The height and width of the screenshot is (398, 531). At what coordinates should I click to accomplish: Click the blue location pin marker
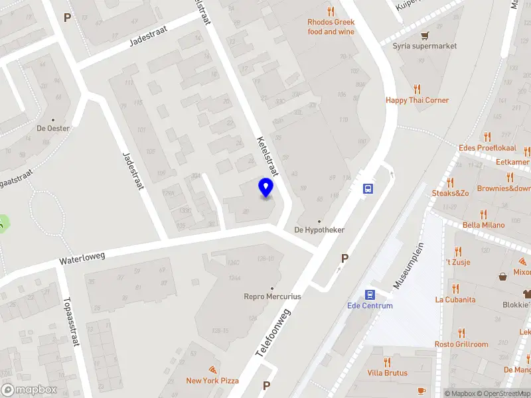tap(265, 188)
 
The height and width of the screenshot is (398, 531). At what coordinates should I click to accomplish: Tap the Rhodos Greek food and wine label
tap(331, 27)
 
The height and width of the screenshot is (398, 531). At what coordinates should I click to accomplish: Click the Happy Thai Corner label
tap(417, 101)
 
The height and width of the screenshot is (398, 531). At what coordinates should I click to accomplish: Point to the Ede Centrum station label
tap(370, 306)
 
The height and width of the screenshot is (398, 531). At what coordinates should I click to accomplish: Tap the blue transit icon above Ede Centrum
tap(370, 295)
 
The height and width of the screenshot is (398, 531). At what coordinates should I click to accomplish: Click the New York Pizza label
tap(212, 381)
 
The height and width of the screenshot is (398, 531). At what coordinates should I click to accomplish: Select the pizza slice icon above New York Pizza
tap(212, 369)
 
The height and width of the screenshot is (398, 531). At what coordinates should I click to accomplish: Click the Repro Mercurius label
tap(272, 297)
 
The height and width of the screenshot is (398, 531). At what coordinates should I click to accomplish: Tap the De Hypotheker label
tap(319, 230)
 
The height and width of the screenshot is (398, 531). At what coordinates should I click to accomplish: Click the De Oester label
tap(53, 129)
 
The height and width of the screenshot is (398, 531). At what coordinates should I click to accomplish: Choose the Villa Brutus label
tap(387, 373)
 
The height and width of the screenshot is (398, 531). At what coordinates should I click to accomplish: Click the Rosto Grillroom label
tap(461, 344)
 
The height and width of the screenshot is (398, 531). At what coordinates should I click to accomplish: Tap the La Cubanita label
tap(455, 300)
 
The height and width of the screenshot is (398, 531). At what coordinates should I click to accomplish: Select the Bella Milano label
tap(483, 226)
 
